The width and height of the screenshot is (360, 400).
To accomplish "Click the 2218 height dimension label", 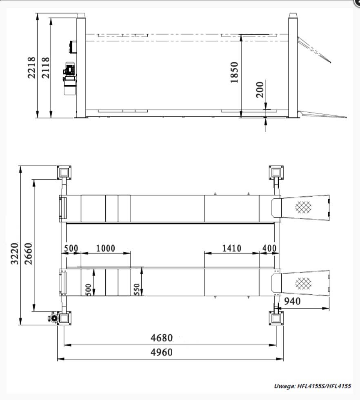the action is (x=31, y=68).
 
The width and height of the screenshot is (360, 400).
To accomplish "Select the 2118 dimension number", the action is (x=45, y=68).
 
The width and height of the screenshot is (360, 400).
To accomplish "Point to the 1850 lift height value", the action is (x=234, y=73).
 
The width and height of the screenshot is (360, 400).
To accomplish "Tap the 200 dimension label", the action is (x=260, y=90).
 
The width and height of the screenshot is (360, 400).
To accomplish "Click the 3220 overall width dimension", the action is (x=14, y=253).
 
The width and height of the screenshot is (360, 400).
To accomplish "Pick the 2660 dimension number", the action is (x=28, y=253).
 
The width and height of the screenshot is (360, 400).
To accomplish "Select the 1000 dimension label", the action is (x=105, y=248).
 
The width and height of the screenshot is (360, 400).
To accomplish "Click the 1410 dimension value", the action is (x=232, y=248).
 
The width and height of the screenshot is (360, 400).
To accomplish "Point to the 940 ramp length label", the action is (x=292, y=301).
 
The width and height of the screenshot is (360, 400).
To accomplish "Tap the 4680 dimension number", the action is (x=162, y=338).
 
